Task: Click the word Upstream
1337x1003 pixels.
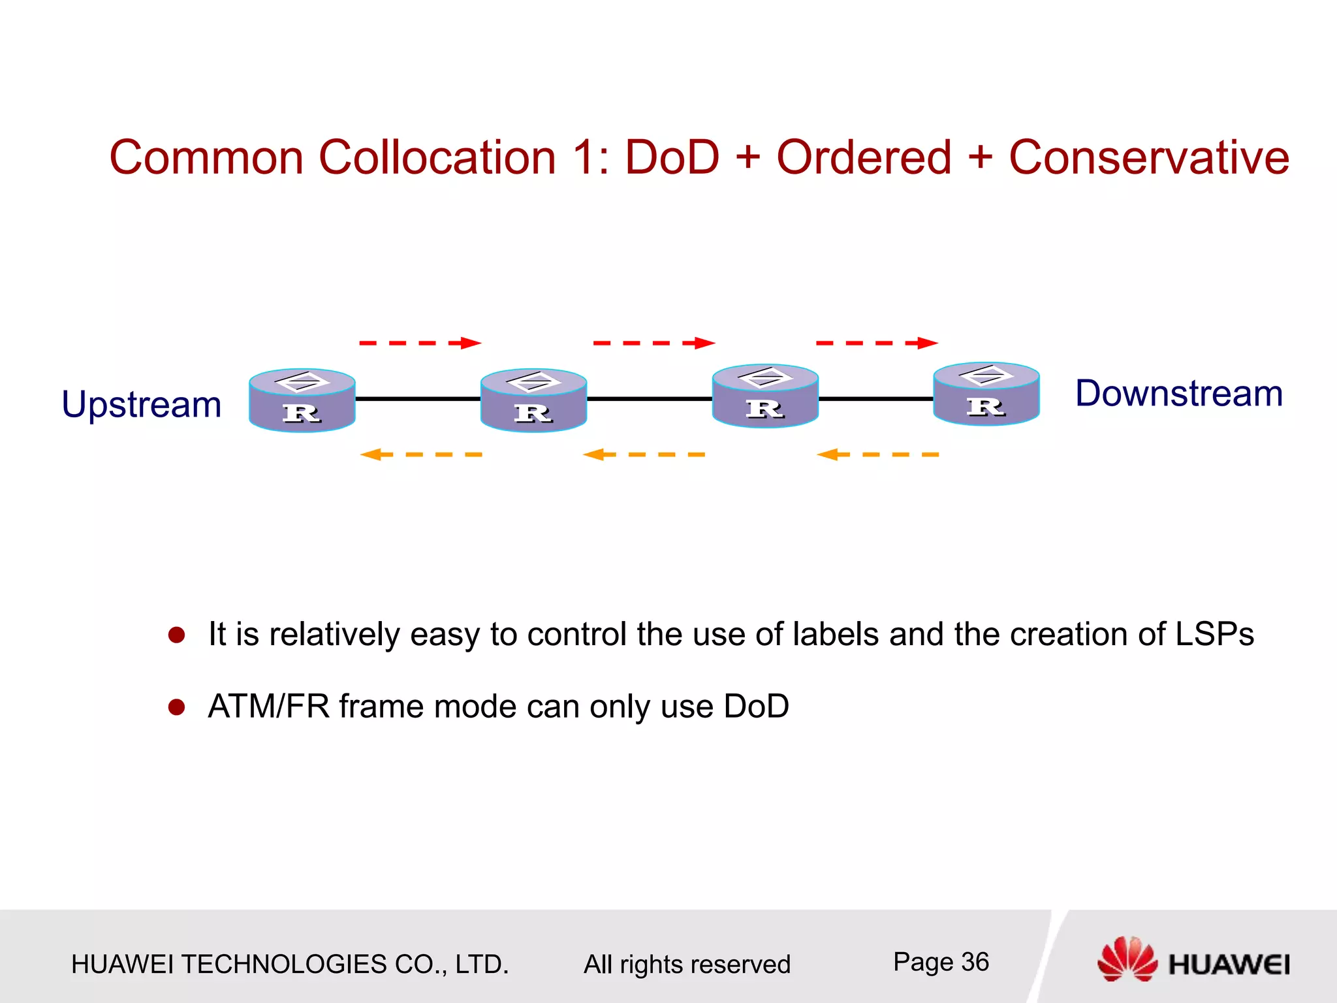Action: pos(142,405)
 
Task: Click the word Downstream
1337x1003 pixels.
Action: pos(1178,394)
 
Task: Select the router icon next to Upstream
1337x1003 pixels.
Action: pos(302,400)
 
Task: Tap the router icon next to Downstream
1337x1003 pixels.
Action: pos(986,394)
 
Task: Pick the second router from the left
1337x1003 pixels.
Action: pos(533,400)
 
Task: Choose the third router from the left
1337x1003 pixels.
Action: pos(765,396)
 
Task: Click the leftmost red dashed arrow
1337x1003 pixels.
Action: pos(420,343)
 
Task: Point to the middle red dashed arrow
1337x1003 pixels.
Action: pos(653,343)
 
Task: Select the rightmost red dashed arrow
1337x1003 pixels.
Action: pos(877,343)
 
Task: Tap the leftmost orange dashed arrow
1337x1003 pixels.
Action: pos(421,454)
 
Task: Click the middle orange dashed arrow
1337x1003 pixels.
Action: pos(644,454)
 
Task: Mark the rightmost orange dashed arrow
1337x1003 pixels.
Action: pos(878,454)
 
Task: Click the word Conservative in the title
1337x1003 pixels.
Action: pos(1149,158)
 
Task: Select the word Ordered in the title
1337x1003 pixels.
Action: pos(864,158)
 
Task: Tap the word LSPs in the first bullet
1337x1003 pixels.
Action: pos(1214,634)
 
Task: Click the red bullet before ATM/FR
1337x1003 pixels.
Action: pos(176,707)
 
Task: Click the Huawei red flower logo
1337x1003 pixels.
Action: pos(1127,959)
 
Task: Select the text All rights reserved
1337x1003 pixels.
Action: pos(687,964)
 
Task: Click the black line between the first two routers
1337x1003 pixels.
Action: pos(418,398)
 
